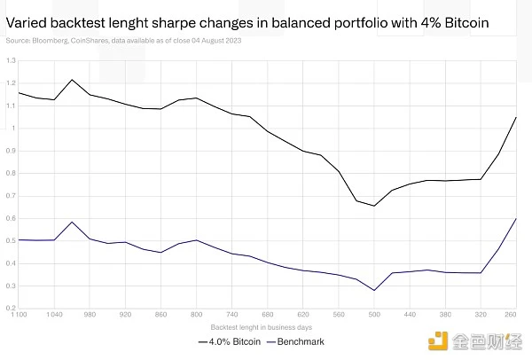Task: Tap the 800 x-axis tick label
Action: pos(196,314)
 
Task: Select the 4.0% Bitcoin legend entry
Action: pos(235,340)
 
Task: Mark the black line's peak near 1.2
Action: pos(72,80)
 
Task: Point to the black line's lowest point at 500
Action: pos(374,206)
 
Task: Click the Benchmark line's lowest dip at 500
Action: pos(374,290)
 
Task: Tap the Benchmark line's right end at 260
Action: pos(515,218)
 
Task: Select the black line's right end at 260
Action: pos(515,117)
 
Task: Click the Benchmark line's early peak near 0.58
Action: pos(72,222)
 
